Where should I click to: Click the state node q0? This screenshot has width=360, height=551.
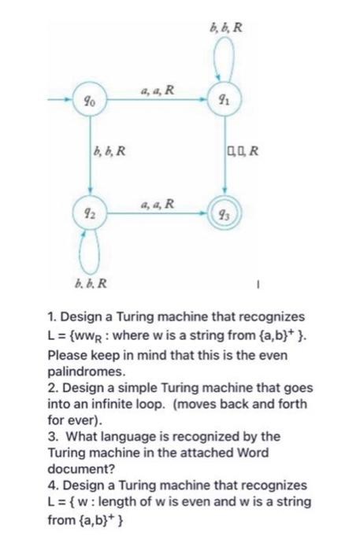[x=91, y=101]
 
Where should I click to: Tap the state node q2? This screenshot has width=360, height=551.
[x=91, y=213]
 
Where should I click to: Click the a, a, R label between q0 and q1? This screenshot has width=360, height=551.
[x=156, y=91]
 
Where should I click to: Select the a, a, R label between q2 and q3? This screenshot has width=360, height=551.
[x=156, y=204]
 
